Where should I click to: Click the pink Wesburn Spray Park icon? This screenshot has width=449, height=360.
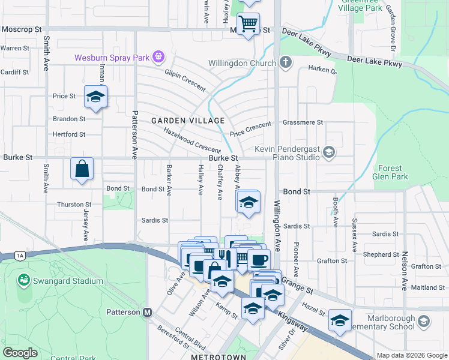point(158,58)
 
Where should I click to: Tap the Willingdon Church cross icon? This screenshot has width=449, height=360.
point(286,63)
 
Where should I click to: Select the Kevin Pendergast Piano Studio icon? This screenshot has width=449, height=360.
point(328,152)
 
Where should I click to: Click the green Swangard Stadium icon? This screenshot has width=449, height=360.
point(23,280)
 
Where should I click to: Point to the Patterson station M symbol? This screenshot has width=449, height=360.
point(147,312)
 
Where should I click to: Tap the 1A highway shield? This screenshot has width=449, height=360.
point(21,256)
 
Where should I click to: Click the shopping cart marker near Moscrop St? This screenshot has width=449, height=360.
point(248,25)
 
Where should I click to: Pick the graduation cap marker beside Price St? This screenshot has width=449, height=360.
point(95,97)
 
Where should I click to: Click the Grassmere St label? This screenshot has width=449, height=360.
point(302,122)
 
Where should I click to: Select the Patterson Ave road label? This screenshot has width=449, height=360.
point(135,136)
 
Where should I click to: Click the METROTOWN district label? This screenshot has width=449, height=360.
point(215,356)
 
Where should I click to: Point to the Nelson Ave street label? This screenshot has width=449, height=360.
point(405,264)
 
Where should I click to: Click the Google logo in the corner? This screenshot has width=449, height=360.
point(20,353)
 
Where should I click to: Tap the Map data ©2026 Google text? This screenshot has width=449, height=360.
point(412,355)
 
